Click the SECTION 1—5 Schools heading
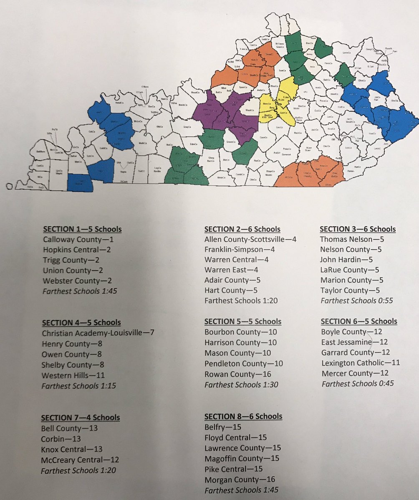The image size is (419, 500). click(82, 230)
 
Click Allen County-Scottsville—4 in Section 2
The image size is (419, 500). click(251, 239)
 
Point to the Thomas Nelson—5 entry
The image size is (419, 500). click(352, 239)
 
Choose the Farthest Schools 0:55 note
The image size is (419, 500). click(357, 300)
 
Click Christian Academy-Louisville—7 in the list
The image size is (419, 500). click(98, 333)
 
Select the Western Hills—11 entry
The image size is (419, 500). click(73, 375)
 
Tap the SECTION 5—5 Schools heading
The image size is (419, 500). click(243, 322)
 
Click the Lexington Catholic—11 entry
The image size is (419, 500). click(361, 362)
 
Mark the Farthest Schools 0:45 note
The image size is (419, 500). click(357, 383)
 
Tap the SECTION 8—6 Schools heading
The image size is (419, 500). click(243, 416)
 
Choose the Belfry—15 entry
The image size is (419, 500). click(223, 427)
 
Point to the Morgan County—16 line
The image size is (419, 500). click(239, 479)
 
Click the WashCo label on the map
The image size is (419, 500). click(250, 110)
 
